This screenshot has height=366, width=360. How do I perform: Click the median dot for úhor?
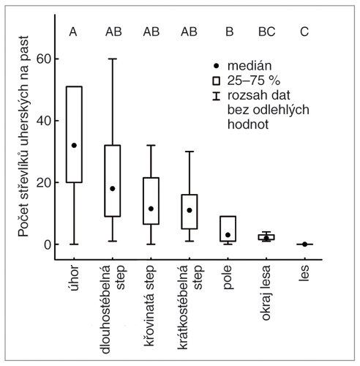[74, 146]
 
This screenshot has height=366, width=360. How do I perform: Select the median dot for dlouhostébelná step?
[113, 189]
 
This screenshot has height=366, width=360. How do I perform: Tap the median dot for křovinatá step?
[151, 209]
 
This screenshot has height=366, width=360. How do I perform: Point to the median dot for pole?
[228, 235]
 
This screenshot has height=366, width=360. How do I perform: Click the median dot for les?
[304, 244]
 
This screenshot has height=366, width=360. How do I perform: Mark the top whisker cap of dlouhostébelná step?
[113, 59]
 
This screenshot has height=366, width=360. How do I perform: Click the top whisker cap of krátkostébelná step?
[190, 152]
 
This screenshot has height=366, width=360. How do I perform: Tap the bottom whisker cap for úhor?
[74, 244]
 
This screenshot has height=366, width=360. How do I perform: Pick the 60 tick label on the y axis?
[44, 59]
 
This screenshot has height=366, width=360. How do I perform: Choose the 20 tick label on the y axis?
[44, 182]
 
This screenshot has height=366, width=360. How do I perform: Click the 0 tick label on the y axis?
[48, 244]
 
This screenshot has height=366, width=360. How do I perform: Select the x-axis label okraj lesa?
[266, 293]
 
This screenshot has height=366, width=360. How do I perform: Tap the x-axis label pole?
[228, 277]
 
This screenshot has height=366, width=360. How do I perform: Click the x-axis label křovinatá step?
[149, 306]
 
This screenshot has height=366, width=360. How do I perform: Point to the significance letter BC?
[267, 31]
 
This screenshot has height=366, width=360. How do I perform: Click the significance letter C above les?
[304, 31]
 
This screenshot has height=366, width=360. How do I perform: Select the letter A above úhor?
[73, 31]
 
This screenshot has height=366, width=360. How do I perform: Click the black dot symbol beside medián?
[216, 66]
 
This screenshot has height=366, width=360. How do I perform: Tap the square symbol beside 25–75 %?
[216, 81]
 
